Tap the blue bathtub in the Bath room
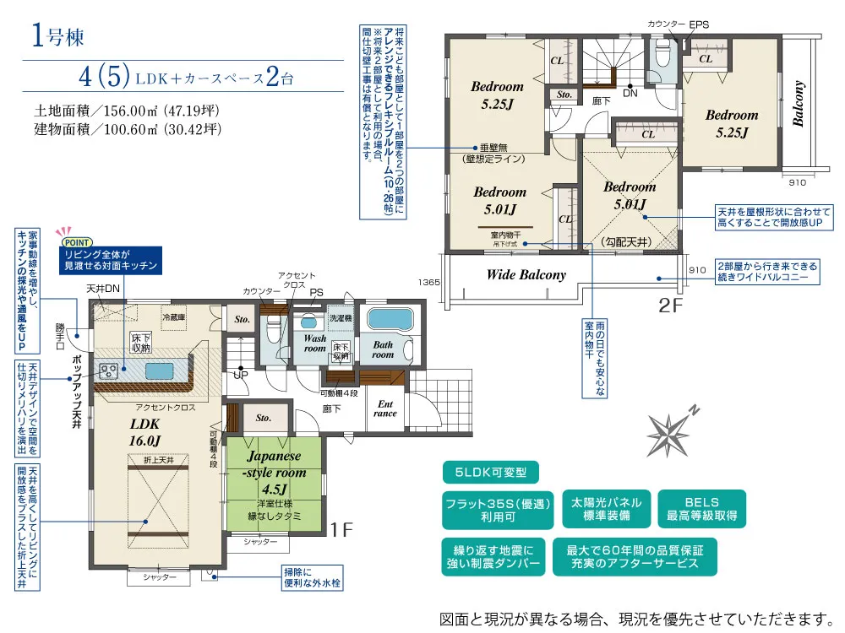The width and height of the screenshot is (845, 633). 389,320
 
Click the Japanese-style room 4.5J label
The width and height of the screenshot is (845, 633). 274,474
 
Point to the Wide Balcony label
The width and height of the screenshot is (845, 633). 526,274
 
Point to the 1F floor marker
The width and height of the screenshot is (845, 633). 341,530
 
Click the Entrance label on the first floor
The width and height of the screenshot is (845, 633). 385,408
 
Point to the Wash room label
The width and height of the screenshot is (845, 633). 314,342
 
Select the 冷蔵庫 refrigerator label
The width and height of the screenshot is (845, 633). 174,317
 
